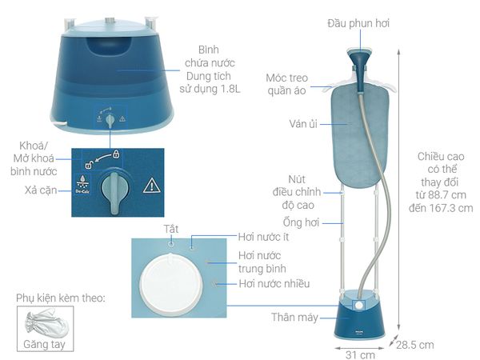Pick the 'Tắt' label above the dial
click(170, 229)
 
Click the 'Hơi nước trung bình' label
click(262, 262)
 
